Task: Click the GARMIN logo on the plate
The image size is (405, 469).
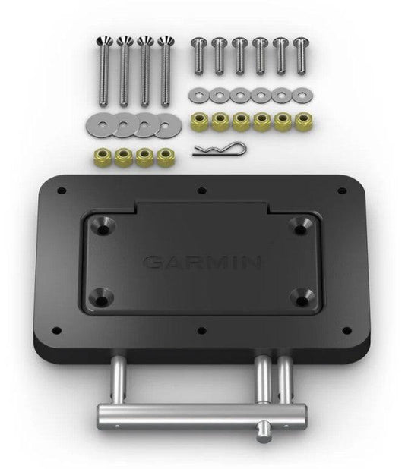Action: click(202, 263)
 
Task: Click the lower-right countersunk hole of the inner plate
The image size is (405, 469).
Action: click(301, 293)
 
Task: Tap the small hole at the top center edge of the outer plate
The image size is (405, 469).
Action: click(202, 191)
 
